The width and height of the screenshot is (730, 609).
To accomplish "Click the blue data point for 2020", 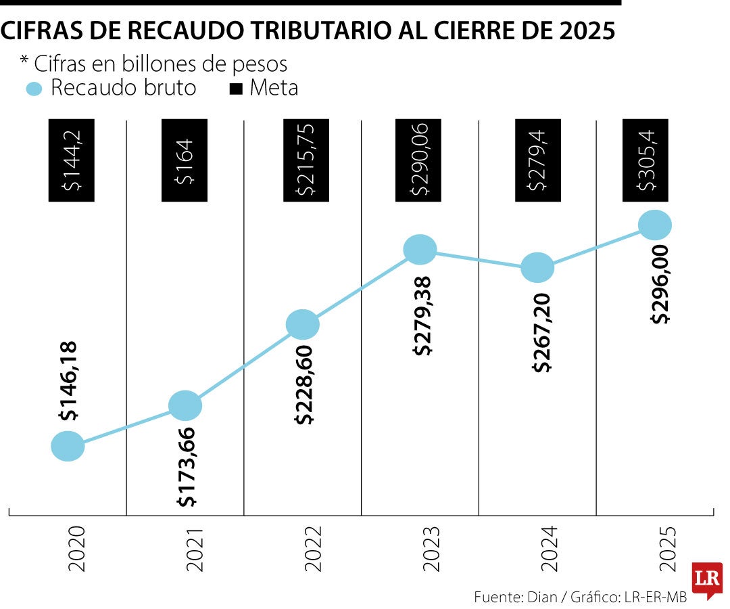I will [x=68, y=446].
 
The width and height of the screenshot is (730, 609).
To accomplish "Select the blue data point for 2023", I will [x=420, y=250].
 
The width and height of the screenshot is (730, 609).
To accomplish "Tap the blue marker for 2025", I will [x=654, y=225].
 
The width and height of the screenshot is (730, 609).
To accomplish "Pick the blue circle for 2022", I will [x=302, y=325].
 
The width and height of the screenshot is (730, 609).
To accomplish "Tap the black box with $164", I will [x=185, y=161].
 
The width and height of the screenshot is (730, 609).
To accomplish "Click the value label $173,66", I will [x=187, y=468].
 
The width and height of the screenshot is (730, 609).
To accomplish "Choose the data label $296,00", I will [x=660, y=284].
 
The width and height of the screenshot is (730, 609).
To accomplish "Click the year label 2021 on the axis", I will [x=195, y=548].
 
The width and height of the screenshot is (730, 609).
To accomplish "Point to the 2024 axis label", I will [x=548, y=548].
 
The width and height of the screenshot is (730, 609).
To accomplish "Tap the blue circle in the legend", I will [x=34, y=89].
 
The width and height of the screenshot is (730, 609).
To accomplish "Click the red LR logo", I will [x=706, y=579].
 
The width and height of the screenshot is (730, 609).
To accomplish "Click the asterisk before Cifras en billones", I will [x=24, y=62].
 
